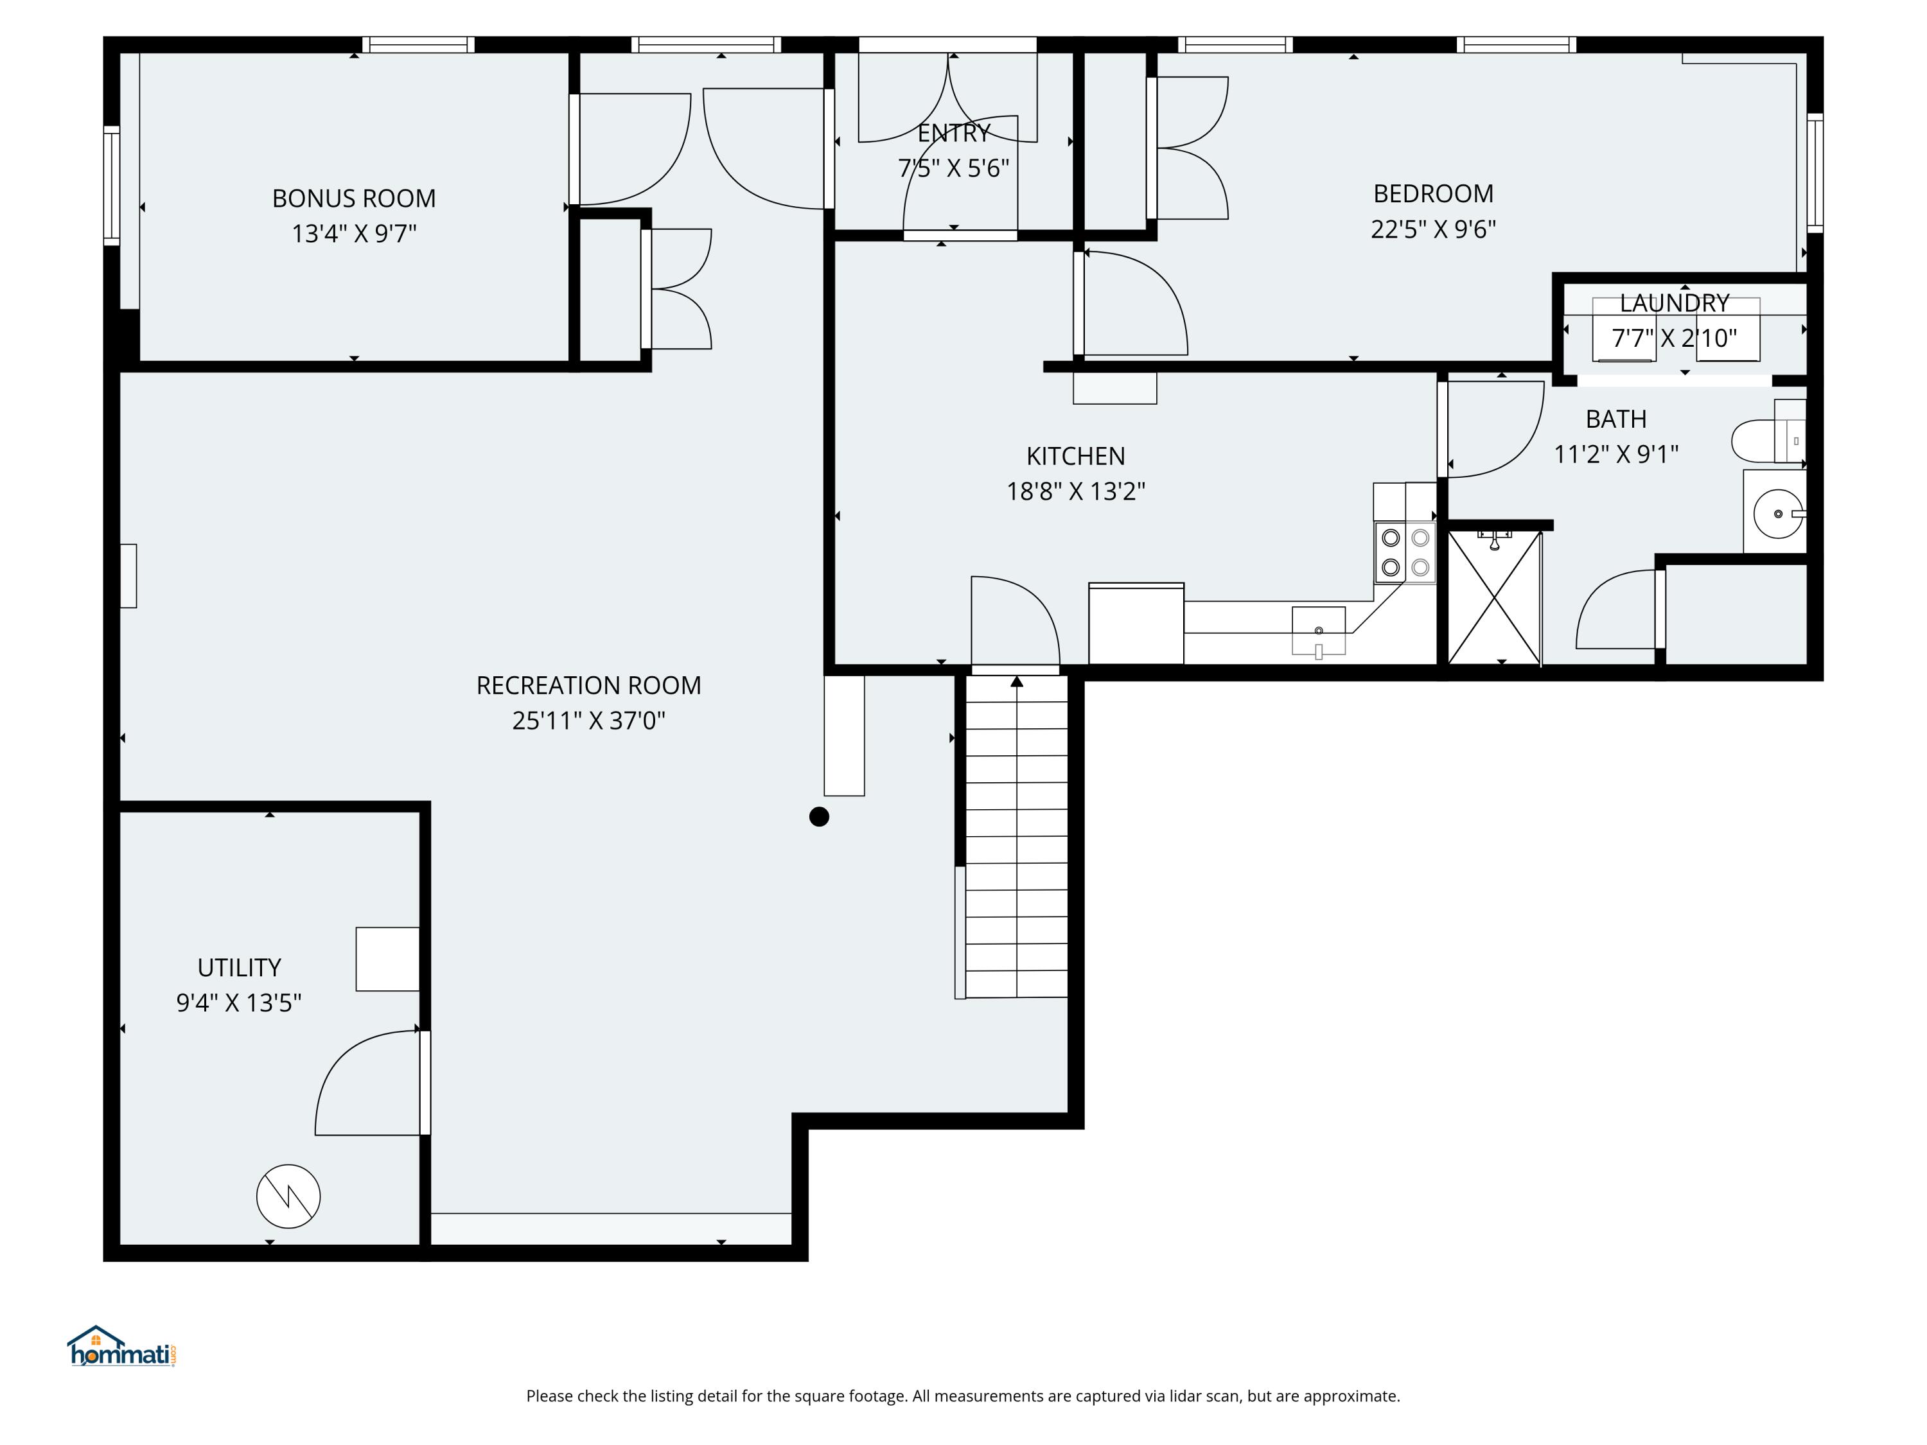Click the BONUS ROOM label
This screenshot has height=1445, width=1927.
pos(354,198)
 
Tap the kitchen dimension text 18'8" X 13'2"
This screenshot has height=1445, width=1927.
pos(1075,491)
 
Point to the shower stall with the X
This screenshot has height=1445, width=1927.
pos(1494,599)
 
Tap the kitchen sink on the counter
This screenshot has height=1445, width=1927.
pos(1318,630)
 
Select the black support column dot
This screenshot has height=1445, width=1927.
pos(819,816)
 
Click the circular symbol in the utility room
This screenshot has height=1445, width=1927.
pos(288,1196)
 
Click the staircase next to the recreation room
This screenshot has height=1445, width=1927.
pos(1016,836)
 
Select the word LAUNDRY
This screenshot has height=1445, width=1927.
pos(1673,303)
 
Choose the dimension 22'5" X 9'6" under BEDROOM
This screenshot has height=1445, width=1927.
pos(1433,229)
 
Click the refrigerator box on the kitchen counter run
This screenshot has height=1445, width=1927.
pos(1136,624)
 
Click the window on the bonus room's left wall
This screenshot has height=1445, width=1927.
pos(112,185)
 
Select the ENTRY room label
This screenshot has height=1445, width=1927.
pos(954,134)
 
